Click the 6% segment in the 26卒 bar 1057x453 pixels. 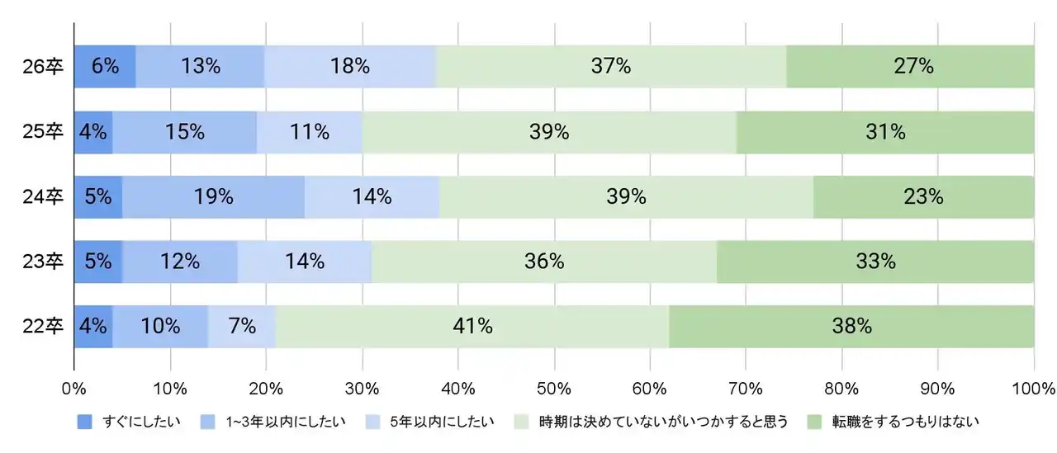coord(105,67)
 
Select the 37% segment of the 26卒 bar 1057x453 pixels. coord(611,67)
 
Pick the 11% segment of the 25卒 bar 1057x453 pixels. coord(310,132)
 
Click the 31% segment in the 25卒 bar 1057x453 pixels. coord(885,132)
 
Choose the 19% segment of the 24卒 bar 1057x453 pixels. coord(213,197)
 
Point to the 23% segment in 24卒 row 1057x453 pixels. coord(923,197)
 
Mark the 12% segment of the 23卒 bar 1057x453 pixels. coord(180,262)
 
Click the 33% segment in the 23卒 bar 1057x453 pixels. coord(875,262)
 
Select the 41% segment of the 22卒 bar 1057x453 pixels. coord(472,327)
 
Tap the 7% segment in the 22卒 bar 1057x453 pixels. coord(242,327)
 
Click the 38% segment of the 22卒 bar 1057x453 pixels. coord(851,327)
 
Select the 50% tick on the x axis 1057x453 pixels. coord(554,388)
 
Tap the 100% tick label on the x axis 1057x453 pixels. coord(1033,388)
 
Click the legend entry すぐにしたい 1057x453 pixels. coord(141,422)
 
